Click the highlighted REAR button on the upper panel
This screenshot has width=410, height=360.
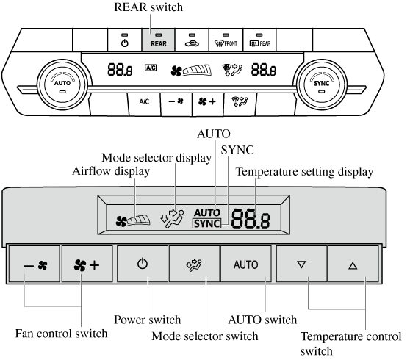click(x=159, y=40)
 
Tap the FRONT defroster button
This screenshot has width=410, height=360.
click(x=226, y=40)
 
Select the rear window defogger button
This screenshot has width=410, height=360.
click(x=259, y=40)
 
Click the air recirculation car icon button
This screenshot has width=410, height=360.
click(x=192, y=40)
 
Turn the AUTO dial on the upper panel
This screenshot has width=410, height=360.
click(x=62, y=84)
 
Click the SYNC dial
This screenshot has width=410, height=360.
click(x=321, y=84)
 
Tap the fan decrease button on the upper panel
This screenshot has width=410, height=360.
click(x=176, y=104)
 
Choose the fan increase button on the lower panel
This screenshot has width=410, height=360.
click(x=87, y=264)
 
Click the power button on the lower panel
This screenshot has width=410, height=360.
click(x=143, y=264)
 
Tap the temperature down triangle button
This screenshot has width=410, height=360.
click(x=301, y=264)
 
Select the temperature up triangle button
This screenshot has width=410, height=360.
click(x=353, y=264)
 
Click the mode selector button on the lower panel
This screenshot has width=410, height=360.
click(x=194, y=264)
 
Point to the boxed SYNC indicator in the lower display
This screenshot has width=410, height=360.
click(x=206, y=223)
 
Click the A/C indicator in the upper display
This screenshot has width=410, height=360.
click(x=151, y=68)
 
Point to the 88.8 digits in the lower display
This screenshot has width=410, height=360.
click(x=251, y=219)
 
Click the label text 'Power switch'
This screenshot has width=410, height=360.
click(x=148, y=320)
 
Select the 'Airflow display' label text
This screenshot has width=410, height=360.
click(x=111, y=171)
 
